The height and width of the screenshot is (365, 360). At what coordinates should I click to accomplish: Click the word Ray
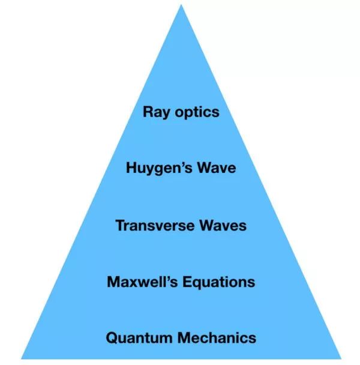coord(155,112)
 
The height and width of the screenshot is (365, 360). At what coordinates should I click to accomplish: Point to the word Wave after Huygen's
coord(215,168)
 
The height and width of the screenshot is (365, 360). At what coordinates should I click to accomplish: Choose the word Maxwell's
coord(142,282)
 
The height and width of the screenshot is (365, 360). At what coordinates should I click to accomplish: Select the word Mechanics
coord(215,337)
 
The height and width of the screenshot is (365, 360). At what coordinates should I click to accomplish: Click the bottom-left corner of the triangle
coord(22,358)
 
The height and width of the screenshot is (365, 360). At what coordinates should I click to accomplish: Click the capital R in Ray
coord(148,112)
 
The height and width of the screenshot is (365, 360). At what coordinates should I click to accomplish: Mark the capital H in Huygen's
coord(131,167)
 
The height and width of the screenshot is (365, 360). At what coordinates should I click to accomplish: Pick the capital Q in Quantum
coord(112,337)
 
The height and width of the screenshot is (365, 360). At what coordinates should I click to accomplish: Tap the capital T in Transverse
coord(119,225)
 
